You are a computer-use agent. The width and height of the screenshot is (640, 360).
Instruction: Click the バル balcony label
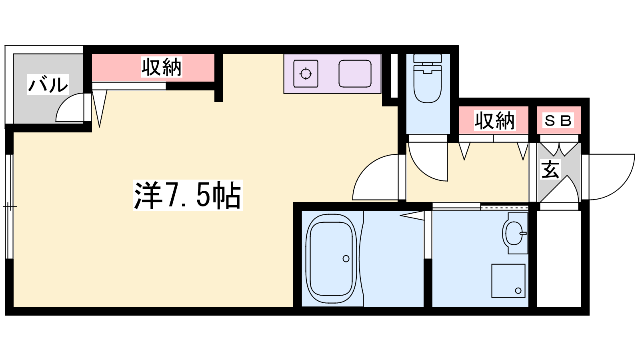(48, 84)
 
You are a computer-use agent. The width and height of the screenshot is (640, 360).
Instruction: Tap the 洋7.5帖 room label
(188, 196)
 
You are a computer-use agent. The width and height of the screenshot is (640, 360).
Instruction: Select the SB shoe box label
(558, 120)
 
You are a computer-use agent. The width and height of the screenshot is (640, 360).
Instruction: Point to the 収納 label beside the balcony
(162, 67)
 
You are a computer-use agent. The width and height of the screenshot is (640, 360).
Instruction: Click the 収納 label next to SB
(494, 120)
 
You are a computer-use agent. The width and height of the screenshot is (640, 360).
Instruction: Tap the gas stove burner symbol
(306, 74)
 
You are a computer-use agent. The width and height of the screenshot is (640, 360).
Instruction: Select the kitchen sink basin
(355, 74)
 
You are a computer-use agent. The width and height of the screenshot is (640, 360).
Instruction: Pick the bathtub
(332, 258)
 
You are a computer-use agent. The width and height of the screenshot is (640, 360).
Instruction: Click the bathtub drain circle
(346, 259)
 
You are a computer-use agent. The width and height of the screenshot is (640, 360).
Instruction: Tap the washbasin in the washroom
(514, 233)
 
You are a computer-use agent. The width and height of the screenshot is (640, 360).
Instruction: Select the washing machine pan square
(508, 281)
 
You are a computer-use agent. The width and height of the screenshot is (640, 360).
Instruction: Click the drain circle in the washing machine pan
(518, 291)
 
